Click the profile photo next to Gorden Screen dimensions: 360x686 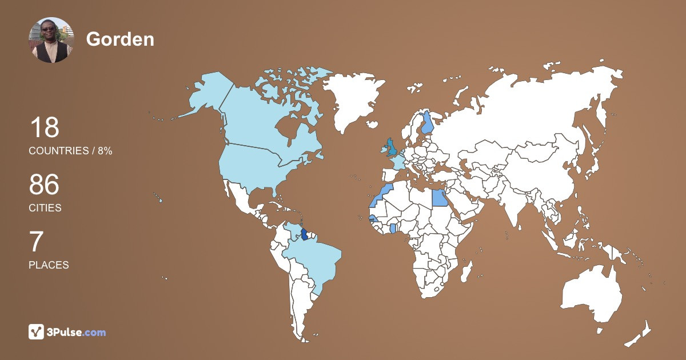coord(51,39)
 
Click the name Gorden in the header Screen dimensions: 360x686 coord(120,39)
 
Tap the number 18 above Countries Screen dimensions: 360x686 coord(44,127)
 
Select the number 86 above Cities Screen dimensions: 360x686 coord(44,185)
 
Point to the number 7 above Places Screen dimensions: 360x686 coord(36,242)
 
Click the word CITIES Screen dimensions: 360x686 coord(45,208)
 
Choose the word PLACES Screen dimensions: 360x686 coord(49,265)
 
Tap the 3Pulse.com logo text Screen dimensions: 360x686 coord(77,332)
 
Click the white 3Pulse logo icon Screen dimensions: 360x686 coord(37,331)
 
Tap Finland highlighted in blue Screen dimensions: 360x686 coord(427,123)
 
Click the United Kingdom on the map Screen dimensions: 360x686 coord(392,147)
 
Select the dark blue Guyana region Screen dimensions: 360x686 coord(305,234)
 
